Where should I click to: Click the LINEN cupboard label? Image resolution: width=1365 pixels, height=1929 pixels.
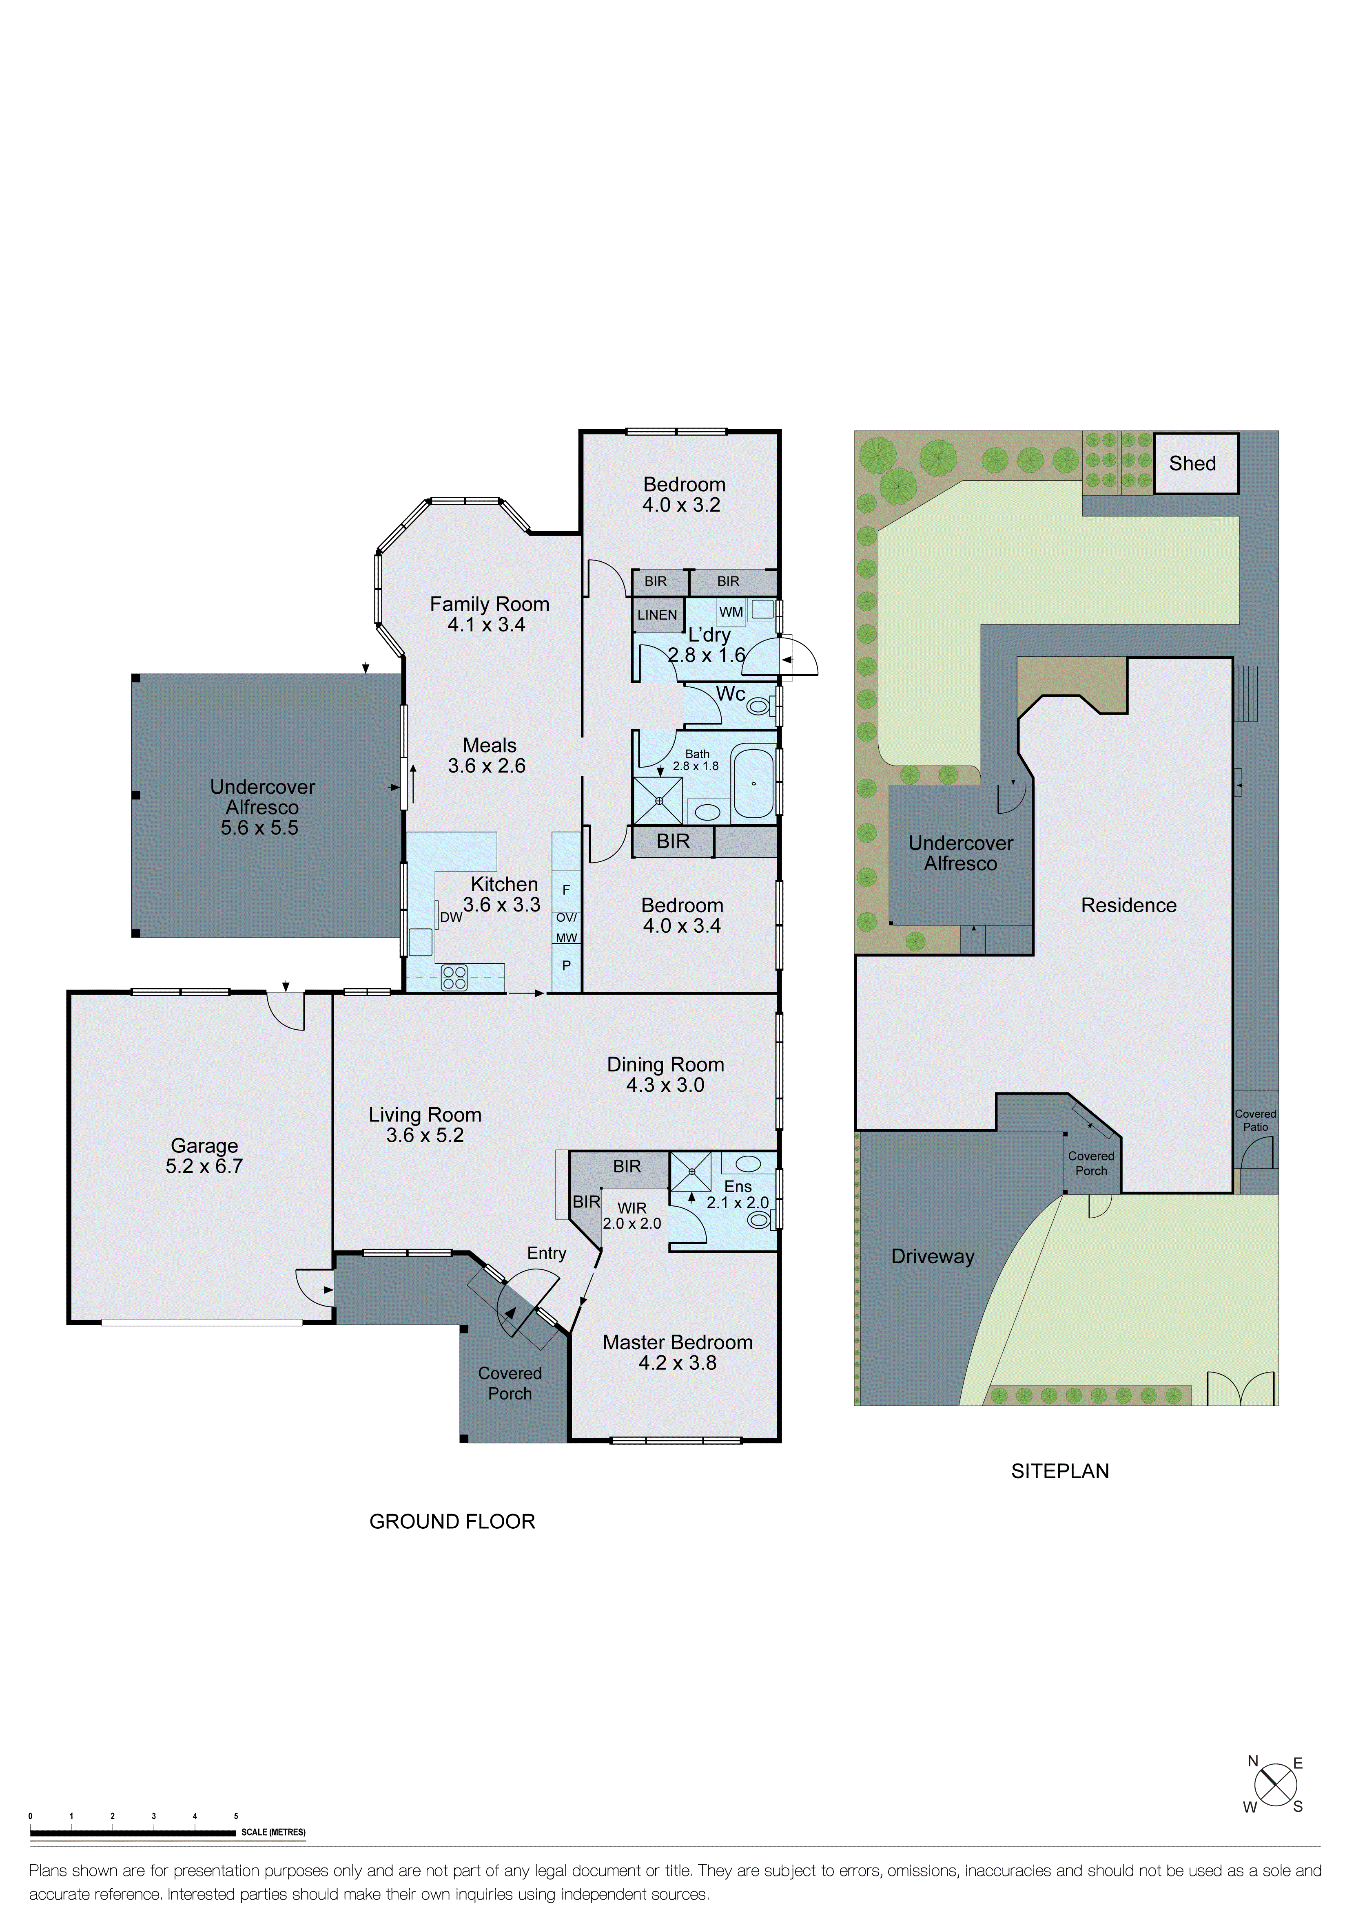point(657,615)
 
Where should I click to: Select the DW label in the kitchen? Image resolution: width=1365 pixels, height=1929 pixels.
point(451,918)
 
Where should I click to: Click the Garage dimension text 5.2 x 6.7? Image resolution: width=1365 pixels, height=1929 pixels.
point(204,1166)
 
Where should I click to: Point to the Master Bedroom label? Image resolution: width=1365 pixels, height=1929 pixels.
point(678,1342)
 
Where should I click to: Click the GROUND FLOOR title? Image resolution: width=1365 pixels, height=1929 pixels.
point(452,1521)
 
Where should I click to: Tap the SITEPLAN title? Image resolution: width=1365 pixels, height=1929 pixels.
point(1060,1471)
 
